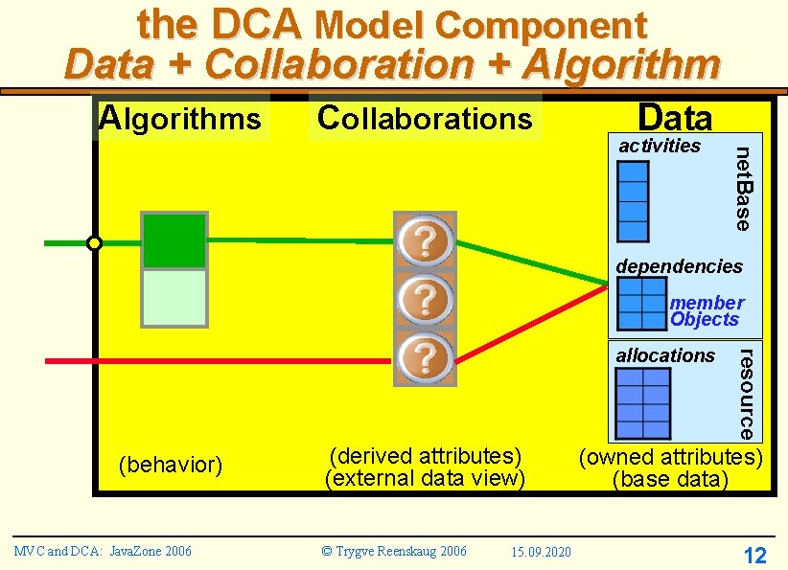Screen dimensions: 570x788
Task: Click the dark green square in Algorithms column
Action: pos(174,240)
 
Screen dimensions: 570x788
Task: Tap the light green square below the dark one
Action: pos(174,298)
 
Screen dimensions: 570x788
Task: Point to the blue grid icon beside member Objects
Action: pos(642,305)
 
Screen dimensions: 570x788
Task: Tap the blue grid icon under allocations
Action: pos(642,402)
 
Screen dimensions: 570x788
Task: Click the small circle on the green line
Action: pos(94,243)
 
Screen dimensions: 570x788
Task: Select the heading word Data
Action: pos(676,118)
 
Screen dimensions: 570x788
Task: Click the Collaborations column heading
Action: pos(425,118)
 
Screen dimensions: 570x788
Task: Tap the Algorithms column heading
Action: pos(180,118)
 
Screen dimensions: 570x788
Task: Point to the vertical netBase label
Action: pos(743,188)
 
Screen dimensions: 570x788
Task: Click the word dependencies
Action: pos(679,265)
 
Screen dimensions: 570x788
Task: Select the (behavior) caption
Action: pos(170,466)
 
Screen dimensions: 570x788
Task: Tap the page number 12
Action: pos(754,556)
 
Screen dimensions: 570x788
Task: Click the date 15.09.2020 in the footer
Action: pos(541,552)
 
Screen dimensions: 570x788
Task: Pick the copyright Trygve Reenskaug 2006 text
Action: pos(394,551)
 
